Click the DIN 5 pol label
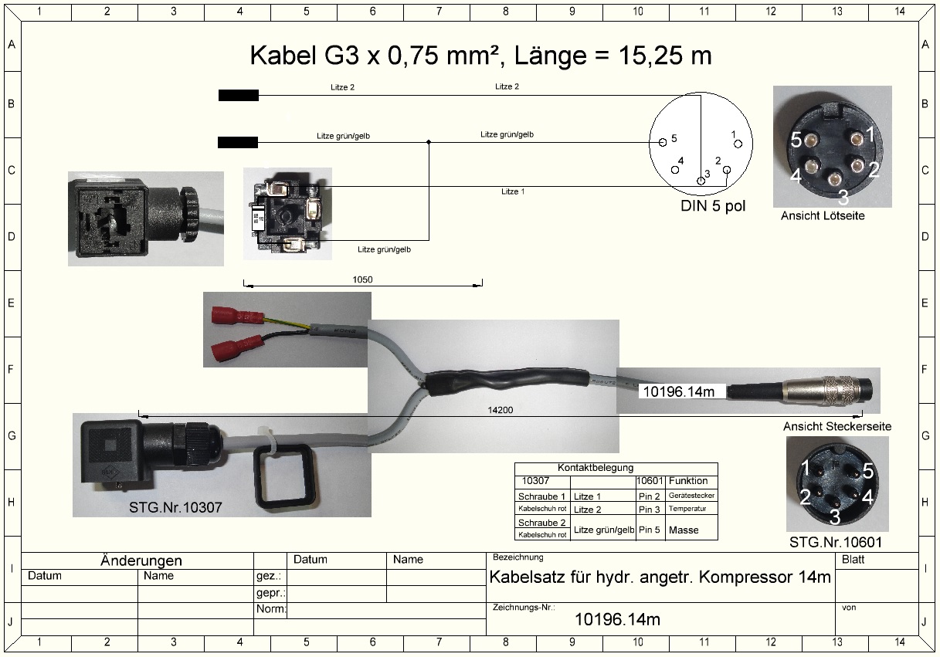pyautogui.click(x=713, y=206)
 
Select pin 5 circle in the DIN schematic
pyautogui.click(x=663, y=143)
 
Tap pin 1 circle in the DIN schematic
pyautogui.click(x=738, y=144)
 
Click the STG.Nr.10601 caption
pyautogui.click(x=835, y=543)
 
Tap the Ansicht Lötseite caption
pyautogui.click(x=823, y=216)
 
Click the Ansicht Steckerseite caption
pyautogui.click(x=837, y=426)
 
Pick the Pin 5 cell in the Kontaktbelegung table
pyautogui.click(x=650, y=530)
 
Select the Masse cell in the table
pyautogui.click(x=684, y=530)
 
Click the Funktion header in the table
pyautogui.click(x=689, y=481)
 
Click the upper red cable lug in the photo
pyautogui.click(x=235, y=314)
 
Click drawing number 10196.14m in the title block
pyautogui.click(x=618, y=619)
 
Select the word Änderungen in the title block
pyautogui.click(x=141, y=560)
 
